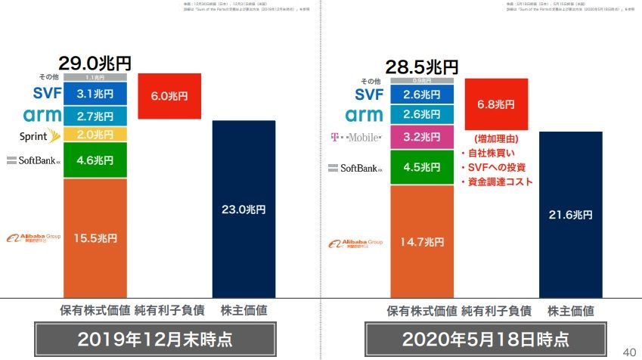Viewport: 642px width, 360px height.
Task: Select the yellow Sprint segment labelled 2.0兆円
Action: pos(95,135)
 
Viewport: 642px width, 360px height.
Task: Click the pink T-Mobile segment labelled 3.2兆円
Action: pos(422,138)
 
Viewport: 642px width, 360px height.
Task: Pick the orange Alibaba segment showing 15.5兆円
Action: pos(95,237)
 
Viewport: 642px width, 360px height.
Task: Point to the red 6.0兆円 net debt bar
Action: pos(169,96)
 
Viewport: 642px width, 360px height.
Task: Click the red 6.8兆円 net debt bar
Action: pos(496,104)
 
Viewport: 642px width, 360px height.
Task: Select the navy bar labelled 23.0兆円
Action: pos(243,208)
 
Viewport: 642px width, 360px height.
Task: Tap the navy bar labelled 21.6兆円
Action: pos(570,214)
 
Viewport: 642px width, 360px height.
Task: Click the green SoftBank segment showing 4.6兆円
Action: pos(95,160)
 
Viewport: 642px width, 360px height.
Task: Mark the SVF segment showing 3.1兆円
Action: pos(95,94)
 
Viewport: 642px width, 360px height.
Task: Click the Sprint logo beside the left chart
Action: pos(32,136)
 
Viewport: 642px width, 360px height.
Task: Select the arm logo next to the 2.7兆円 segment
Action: pos(33,115)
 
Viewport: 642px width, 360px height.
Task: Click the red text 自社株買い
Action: pos(492,154)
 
